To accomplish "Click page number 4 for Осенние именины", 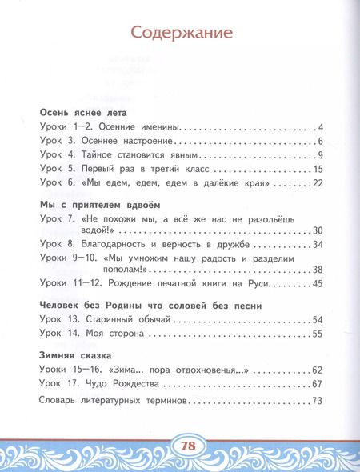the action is click(x=319, y=128).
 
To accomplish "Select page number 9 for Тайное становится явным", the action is click(x=319, y=155).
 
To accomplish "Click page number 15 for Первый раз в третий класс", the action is click(x=317, y=170).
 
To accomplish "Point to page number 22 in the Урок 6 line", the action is click(x=316, y=184).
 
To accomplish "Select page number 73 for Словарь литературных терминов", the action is click(x=316, y=402).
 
